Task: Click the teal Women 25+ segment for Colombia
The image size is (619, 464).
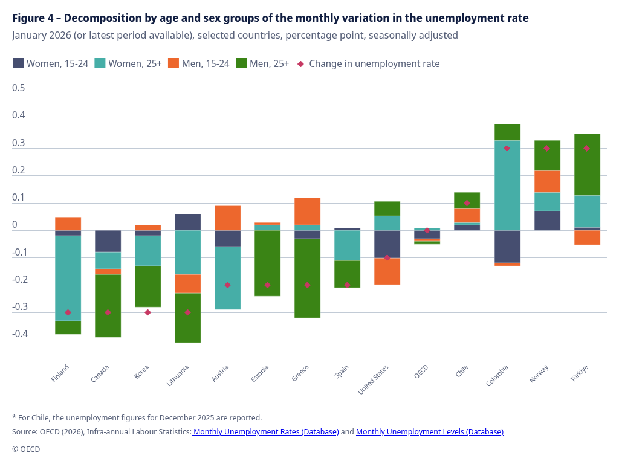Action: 507,185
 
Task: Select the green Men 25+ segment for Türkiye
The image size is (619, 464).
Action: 587,164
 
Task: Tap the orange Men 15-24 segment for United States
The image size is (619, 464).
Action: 387,271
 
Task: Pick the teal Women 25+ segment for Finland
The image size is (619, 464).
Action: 68,278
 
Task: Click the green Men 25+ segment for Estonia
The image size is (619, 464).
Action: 268,263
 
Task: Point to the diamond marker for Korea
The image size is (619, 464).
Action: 147,312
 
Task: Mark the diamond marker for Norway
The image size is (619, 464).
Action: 546,149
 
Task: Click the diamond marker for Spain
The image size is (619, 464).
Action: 347,285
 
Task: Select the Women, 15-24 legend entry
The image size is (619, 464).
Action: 50,63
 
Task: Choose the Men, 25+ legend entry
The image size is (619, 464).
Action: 262,63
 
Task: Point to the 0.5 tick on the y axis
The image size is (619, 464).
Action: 19,88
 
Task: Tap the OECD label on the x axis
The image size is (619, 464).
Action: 421,371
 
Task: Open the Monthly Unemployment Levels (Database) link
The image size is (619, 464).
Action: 429,432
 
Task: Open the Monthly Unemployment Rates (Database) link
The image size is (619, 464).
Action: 265,432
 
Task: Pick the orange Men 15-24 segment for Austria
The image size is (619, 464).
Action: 228,217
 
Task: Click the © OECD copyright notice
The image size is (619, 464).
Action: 26,449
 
